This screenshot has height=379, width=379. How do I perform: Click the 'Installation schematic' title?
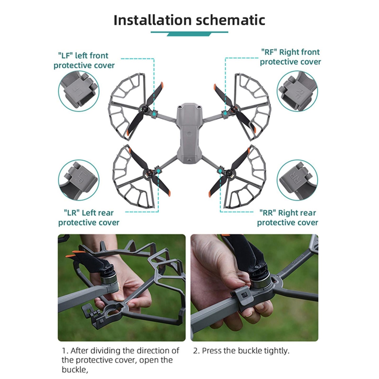click(x=189, y=20)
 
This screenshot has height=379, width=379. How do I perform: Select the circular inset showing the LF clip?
click(x=79, y=91)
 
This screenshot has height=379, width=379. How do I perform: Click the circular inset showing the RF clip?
click(x=297, y=91)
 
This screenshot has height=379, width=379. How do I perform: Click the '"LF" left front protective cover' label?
click(x=84, y=61)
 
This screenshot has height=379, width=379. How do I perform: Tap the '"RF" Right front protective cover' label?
click(x=290, y=57)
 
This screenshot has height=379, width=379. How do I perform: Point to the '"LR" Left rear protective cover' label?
click(x=89, y=218)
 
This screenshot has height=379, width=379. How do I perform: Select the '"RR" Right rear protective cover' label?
click(x=287, y=218)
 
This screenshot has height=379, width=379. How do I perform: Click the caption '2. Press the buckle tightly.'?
click(x=241, y=351)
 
